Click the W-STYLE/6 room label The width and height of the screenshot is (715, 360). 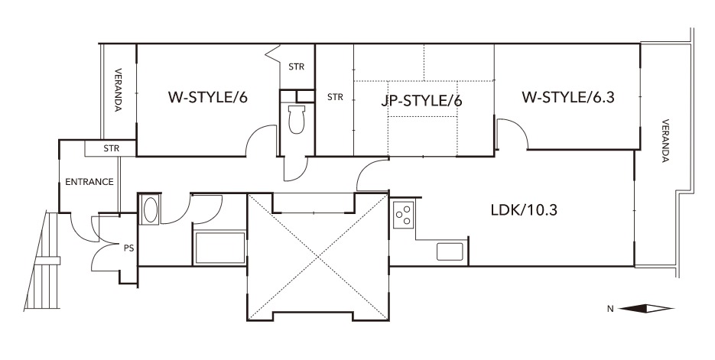(x=208, y=98)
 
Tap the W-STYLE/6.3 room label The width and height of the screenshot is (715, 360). (x=567, y=97)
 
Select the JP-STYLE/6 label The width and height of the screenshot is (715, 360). (x=421, y=100)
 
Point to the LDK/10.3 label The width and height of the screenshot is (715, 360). (x=524, y=210)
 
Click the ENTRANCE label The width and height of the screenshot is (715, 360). (x=89, y=182)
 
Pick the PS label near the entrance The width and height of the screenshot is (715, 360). (x=129, y=249)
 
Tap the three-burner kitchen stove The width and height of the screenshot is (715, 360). (x=404, y=214)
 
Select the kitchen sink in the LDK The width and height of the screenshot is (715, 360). (x=450, y=251)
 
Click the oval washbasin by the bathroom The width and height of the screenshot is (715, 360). (x=150, y=209)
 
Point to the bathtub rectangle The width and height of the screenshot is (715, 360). (x=219, y=248)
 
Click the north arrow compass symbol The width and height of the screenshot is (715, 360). (x=646, y=309)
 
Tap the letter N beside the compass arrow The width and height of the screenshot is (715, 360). (x=610, y=309)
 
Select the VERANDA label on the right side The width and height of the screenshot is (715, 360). (x=665, y=141)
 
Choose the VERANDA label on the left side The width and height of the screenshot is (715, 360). (x=118, y=90)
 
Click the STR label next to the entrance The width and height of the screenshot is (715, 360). (x=111, y=148)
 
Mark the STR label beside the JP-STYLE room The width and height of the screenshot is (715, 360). (x=335, y=97)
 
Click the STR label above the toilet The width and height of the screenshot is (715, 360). (x=297, y=67)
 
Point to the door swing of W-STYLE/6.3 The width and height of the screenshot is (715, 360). (x=512, y=134)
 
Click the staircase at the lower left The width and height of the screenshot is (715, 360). (x=42, y=261)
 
